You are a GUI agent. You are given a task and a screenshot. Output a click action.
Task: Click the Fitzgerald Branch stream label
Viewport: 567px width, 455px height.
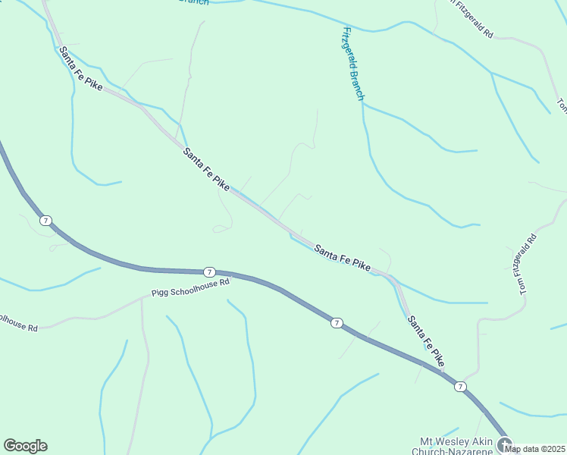(353, 64)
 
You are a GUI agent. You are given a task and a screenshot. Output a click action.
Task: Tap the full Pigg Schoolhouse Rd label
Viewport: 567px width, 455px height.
(190, 287)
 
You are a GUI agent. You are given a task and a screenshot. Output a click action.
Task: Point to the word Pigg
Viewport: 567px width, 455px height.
(159, 292)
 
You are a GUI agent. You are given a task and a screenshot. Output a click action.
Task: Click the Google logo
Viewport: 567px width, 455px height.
(25, 446)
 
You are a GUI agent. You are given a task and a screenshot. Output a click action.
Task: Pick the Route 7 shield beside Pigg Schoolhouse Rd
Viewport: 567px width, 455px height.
(209, 272)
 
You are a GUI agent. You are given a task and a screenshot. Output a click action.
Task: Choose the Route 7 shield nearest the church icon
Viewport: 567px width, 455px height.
(460, 387)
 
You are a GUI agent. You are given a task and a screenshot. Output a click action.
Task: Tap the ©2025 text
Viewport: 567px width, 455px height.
(551, 449)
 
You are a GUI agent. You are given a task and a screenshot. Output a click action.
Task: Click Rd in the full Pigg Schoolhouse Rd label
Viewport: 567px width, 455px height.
(224, 282)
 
